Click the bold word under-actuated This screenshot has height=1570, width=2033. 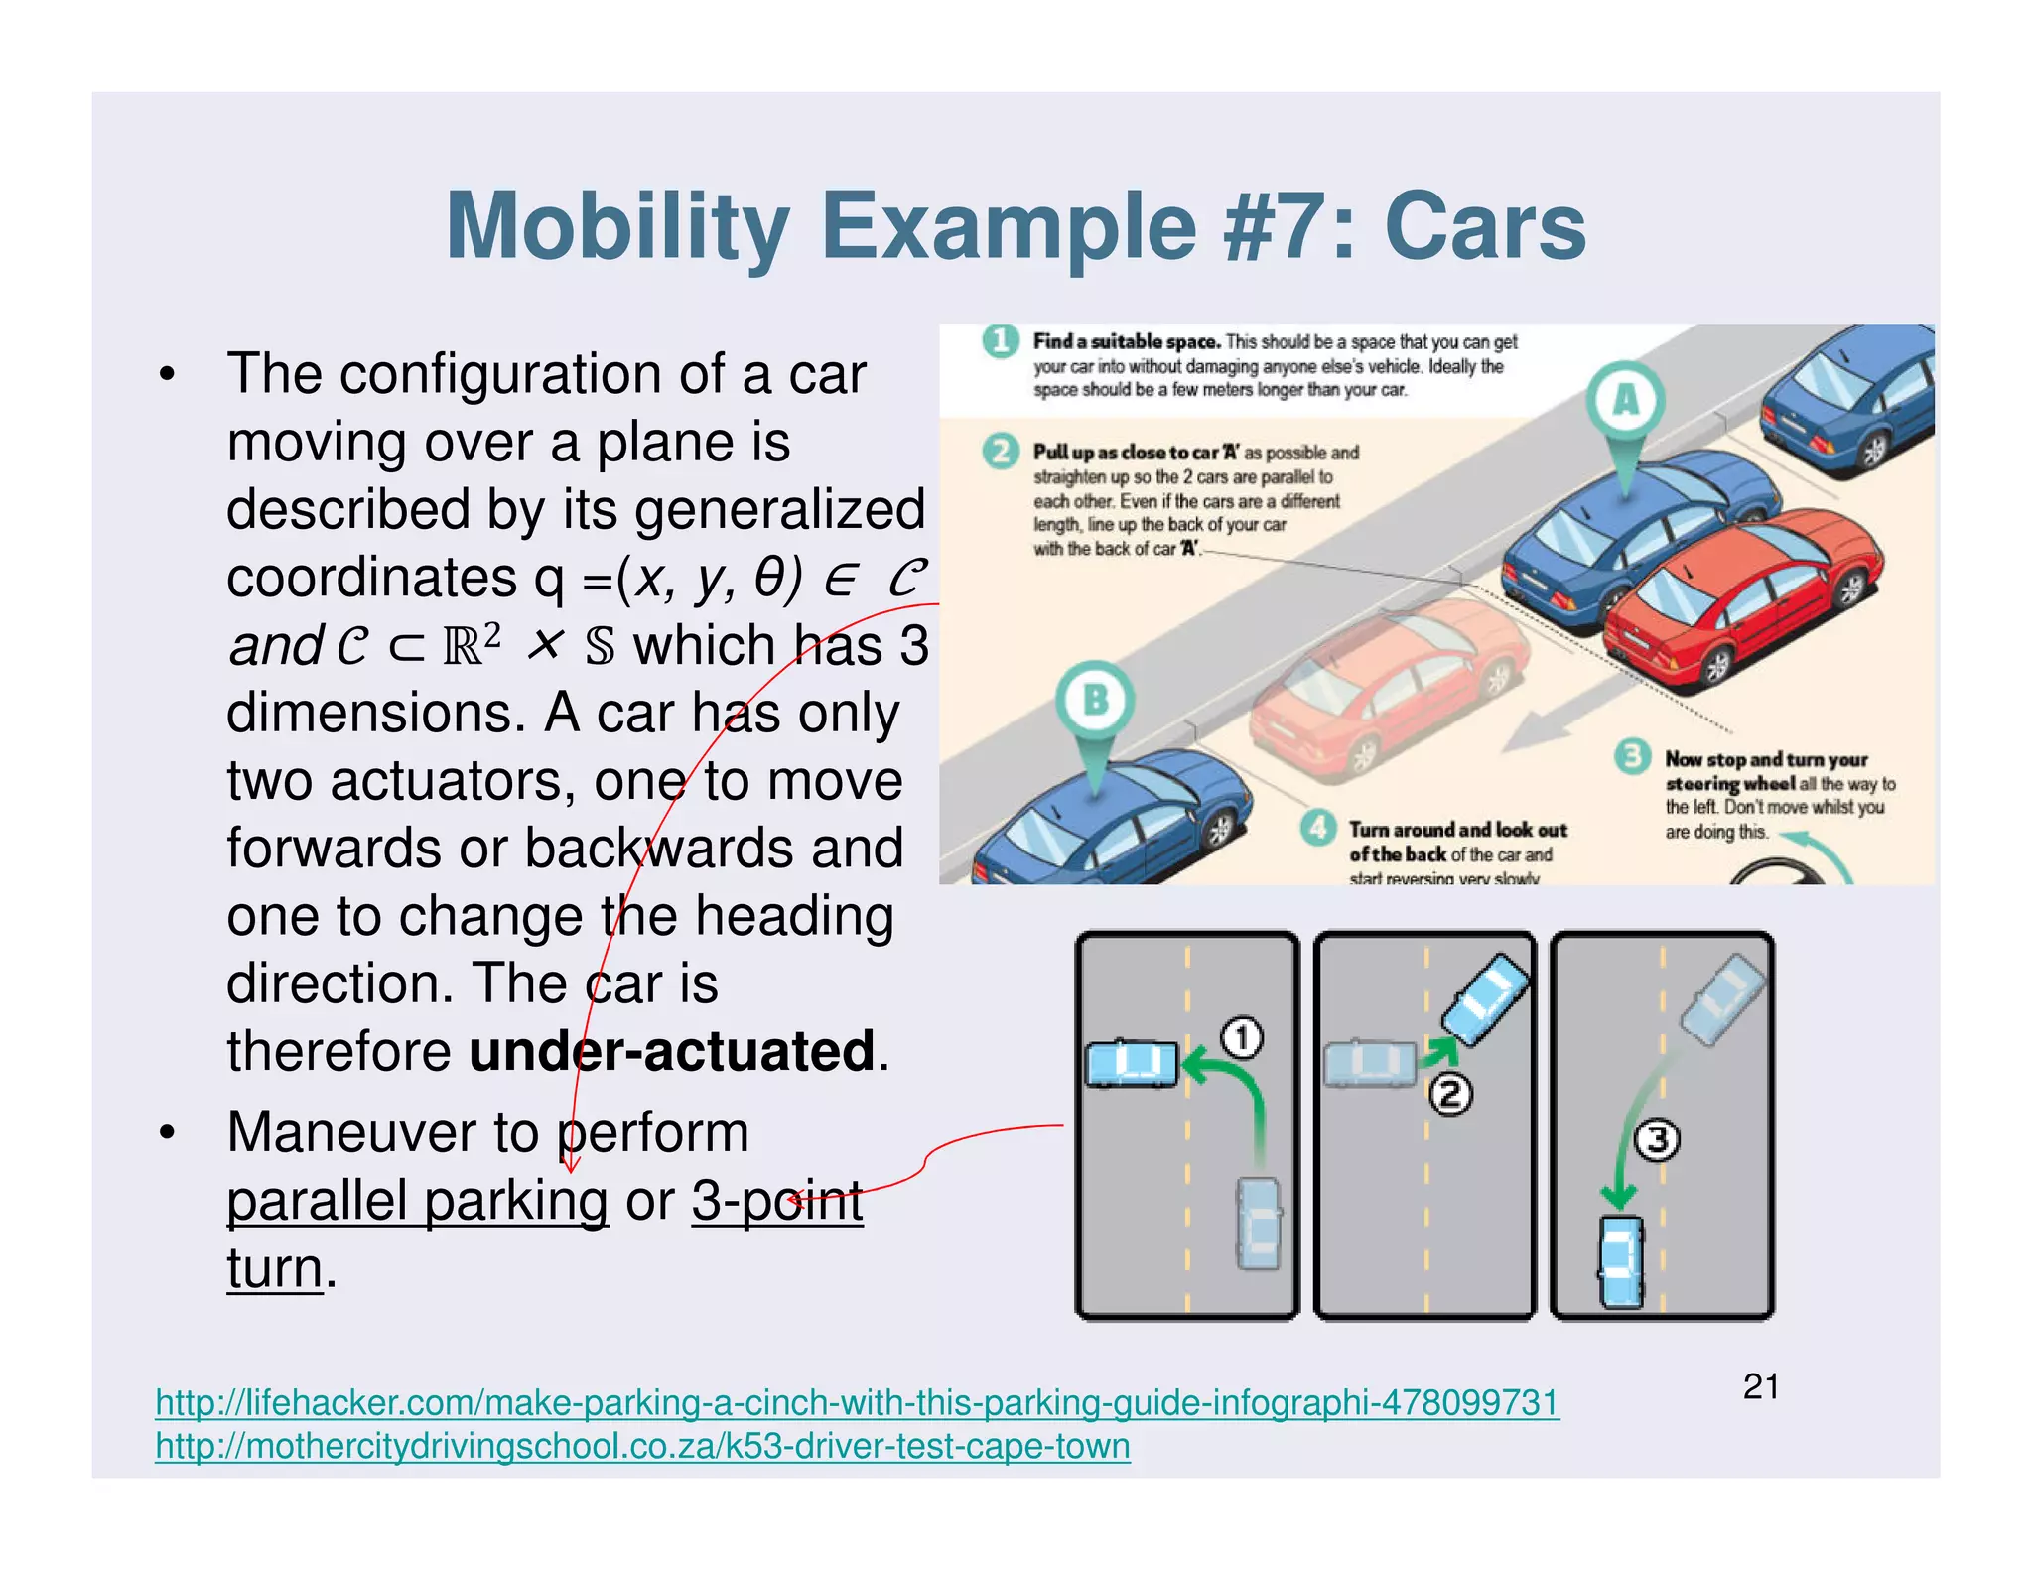[672, 1051]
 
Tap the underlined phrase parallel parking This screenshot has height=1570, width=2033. [417, 1201]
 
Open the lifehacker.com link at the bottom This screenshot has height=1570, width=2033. [857, 1403]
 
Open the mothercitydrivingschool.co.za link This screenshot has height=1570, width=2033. [642, 1447]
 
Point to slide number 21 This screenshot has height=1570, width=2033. [1760, 1386]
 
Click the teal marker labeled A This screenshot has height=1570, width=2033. [1625, 400]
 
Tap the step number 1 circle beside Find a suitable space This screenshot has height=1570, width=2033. [1001, 341]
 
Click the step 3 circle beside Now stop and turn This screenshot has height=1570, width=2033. [1632, 757]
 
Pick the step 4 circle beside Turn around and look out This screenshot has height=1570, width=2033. [1316, 828]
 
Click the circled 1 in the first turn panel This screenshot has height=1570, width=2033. [1241, 1038]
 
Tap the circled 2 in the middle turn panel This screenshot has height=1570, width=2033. [1450, 1096]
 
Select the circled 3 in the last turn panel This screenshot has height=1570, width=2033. [1657, 1140]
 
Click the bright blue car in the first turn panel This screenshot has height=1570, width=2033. [1132, 1064]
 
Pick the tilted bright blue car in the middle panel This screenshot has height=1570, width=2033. [1485, 998]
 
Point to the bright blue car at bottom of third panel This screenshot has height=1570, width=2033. [1621, 1260]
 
